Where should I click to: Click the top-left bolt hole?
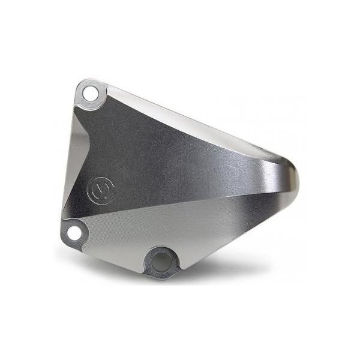[x=90, y=94]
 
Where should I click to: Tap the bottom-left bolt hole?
[x=74, y=232]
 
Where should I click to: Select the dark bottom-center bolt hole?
[x=161, y=261]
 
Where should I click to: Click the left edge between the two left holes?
[x=64, y=180]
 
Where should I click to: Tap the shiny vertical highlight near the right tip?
[x=282, y=180]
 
